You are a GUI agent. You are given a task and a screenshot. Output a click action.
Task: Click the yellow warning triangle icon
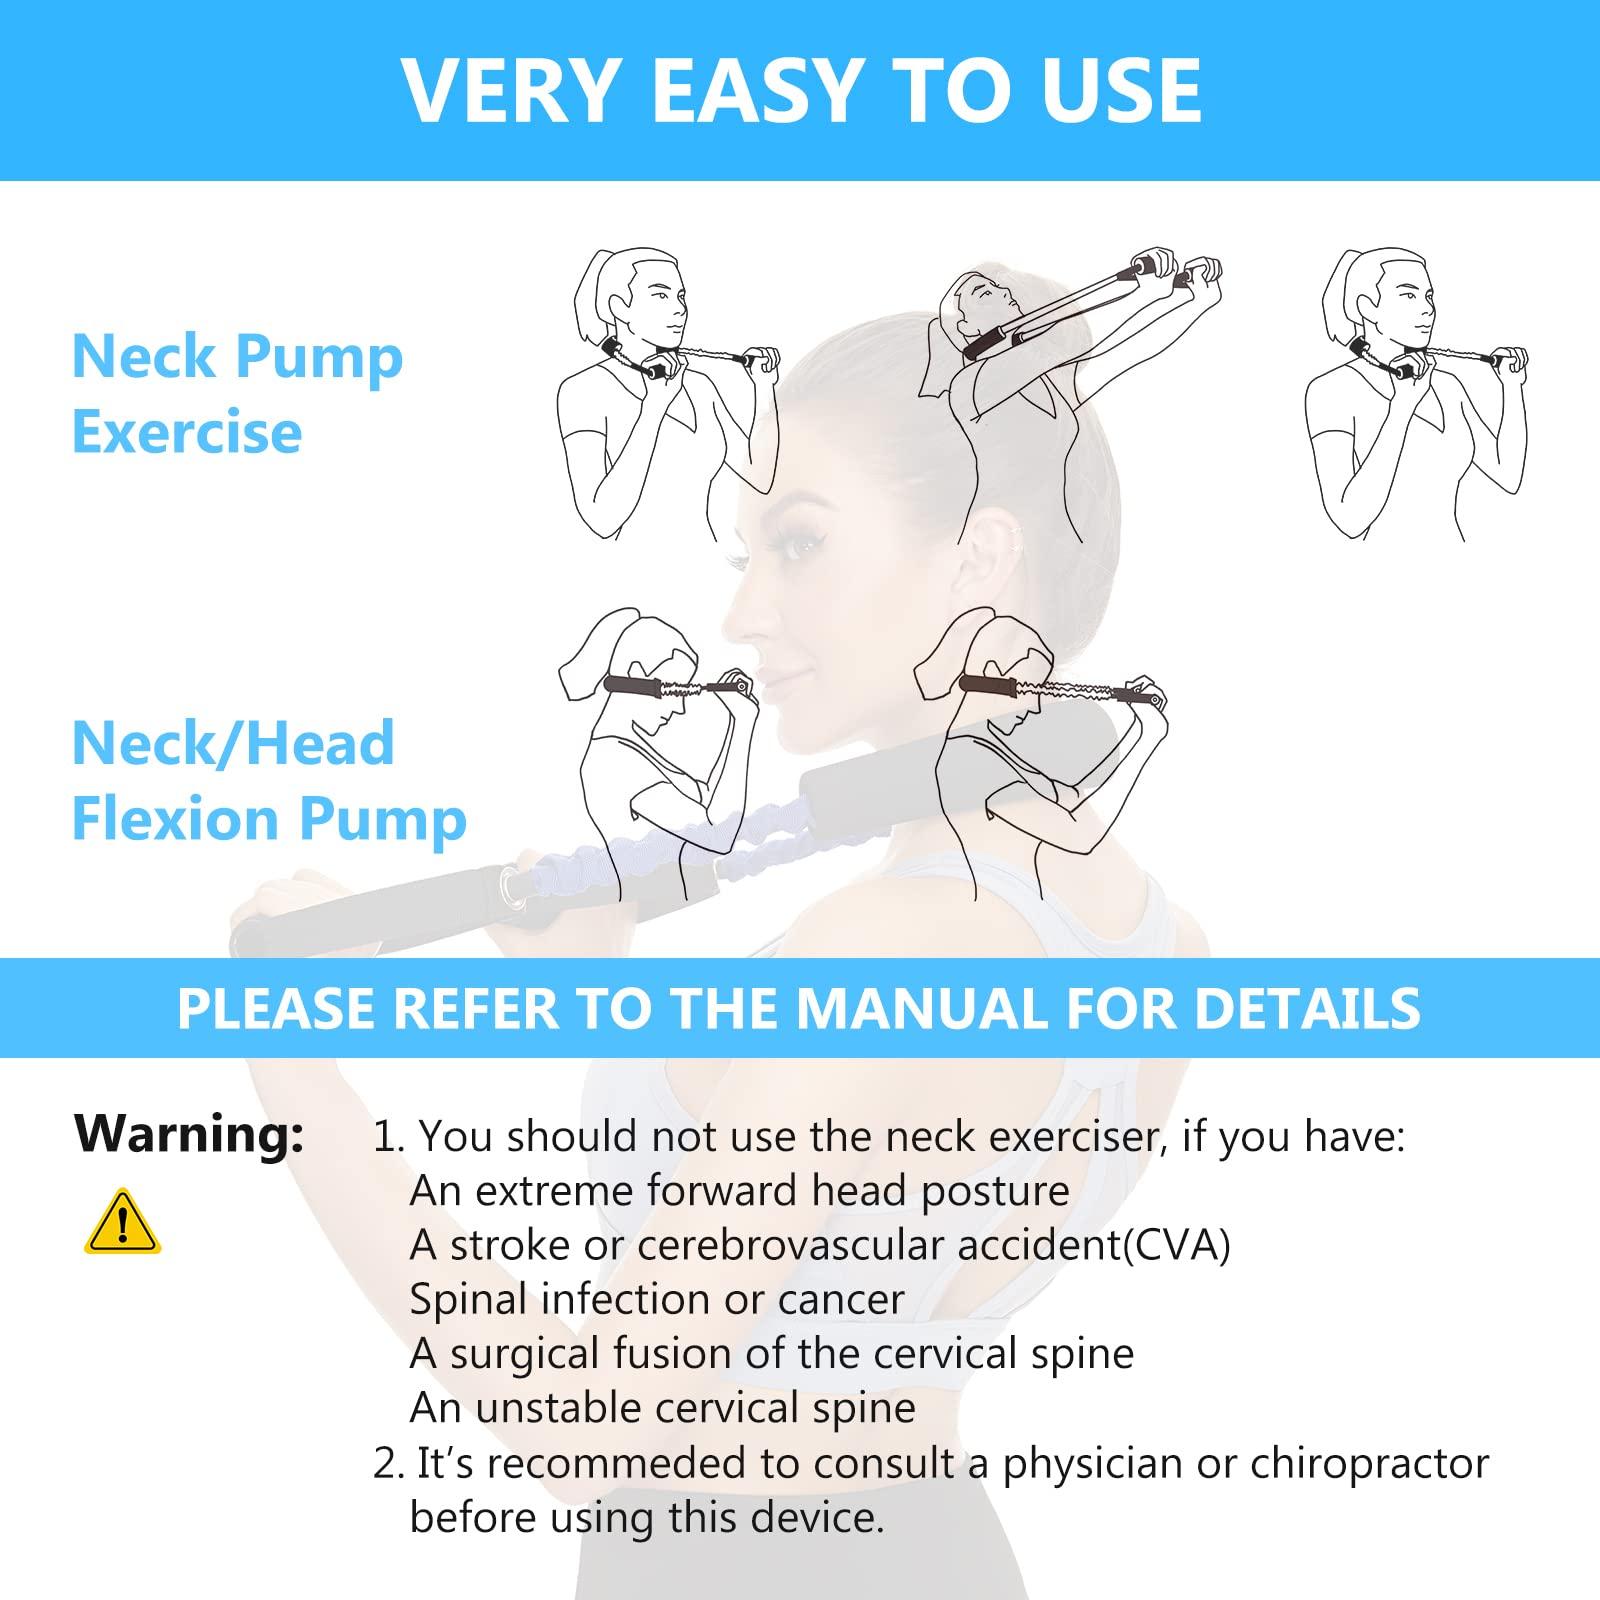[122, 1222]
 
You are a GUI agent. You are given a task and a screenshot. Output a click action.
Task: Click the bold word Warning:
[189, 1134]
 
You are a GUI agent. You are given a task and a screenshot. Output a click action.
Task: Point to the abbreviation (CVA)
[1176, 1245]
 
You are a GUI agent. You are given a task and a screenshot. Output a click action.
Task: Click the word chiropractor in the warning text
[1369, 1463]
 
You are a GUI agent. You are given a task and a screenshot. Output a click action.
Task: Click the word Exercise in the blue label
[187, 432]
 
